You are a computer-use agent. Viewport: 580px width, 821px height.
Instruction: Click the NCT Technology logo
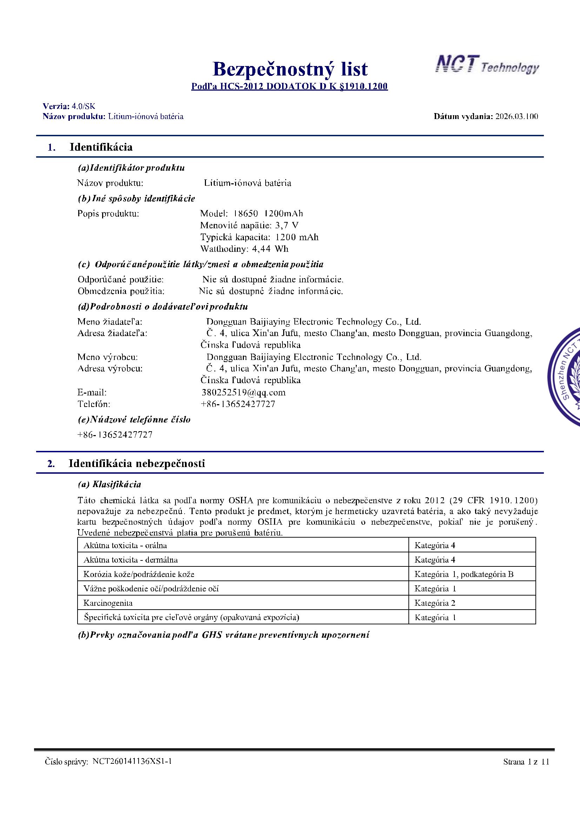pos(487,65)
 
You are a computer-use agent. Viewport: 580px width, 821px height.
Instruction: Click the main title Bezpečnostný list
pos(290,69)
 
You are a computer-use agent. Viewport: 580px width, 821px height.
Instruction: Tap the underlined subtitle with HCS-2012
pos(289,86)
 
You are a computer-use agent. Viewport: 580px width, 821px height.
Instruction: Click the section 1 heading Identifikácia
pos(101,147)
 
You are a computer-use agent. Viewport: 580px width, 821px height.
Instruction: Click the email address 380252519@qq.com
pos(244,393)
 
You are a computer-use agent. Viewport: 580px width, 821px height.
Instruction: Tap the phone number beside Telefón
pos(238,404)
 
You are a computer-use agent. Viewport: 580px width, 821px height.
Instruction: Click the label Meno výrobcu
pos(108,357)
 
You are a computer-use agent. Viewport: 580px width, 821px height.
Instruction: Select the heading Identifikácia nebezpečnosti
pos(136,464)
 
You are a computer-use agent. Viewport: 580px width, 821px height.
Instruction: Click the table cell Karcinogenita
pos(108,603)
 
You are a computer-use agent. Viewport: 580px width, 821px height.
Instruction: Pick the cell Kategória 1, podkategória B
pos(464,574)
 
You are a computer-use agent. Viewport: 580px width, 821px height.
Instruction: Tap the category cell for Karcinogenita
pos(434,603)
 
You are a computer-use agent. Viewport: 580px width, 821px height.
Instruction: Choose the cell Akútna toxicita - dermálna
pos(131,560)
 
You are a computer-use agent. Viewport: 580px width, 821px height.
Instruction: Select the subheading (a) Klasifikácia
pos(109,485)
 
